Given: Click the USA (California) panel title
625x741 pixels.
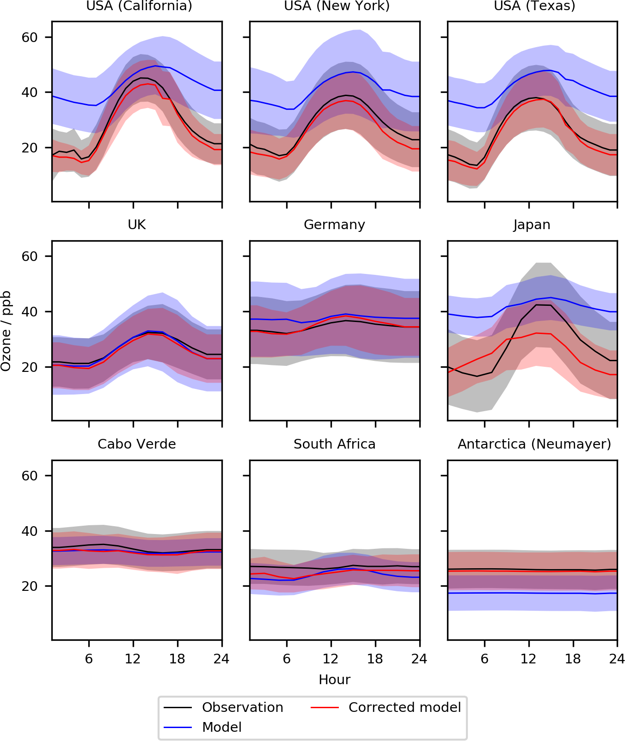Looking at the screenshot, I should tap(139, 6).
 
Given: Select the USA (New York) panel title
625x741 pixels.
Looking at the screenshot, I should tap(337, 6).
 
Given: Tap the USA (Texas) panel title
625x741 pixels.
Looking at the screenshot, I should tap(534, 6).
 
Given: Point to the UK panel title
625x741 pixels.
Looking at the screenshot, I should tap(137, 225).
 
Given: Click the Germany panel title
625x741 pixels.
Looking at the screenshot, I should tap(334, 225).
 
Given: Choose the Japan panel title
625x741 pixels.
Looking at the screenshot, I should tap(532, 225).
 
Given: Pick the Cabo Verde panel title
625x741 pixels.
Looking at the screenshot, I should tap(137, 444).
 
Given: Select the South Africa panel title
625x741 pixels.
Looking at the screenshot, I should tap(334, 444).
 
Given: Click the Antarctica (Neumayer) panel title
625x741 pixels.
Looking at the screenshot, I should tap(534, 444).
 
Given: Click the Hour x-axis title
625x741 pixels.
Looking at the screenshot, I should tap(334, 680).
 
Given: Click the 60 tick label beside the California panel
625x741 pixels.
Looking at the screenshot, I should tap(30, 37).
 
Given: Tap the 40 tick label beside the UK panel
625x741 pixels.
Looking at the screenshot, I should tap(30, 311).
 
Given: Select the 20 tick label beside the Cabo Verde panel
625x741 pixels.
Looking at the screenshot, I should tap(30, 586).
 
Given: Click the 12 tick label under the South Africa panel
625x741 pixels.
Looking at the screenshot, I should tap(331, 658).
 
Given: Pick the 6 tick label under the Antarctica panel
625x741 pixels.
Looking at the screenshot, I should tap(484, 658).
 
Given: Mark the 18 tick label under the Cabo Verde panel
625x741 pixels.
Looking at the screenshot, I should tap(177, 658).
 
